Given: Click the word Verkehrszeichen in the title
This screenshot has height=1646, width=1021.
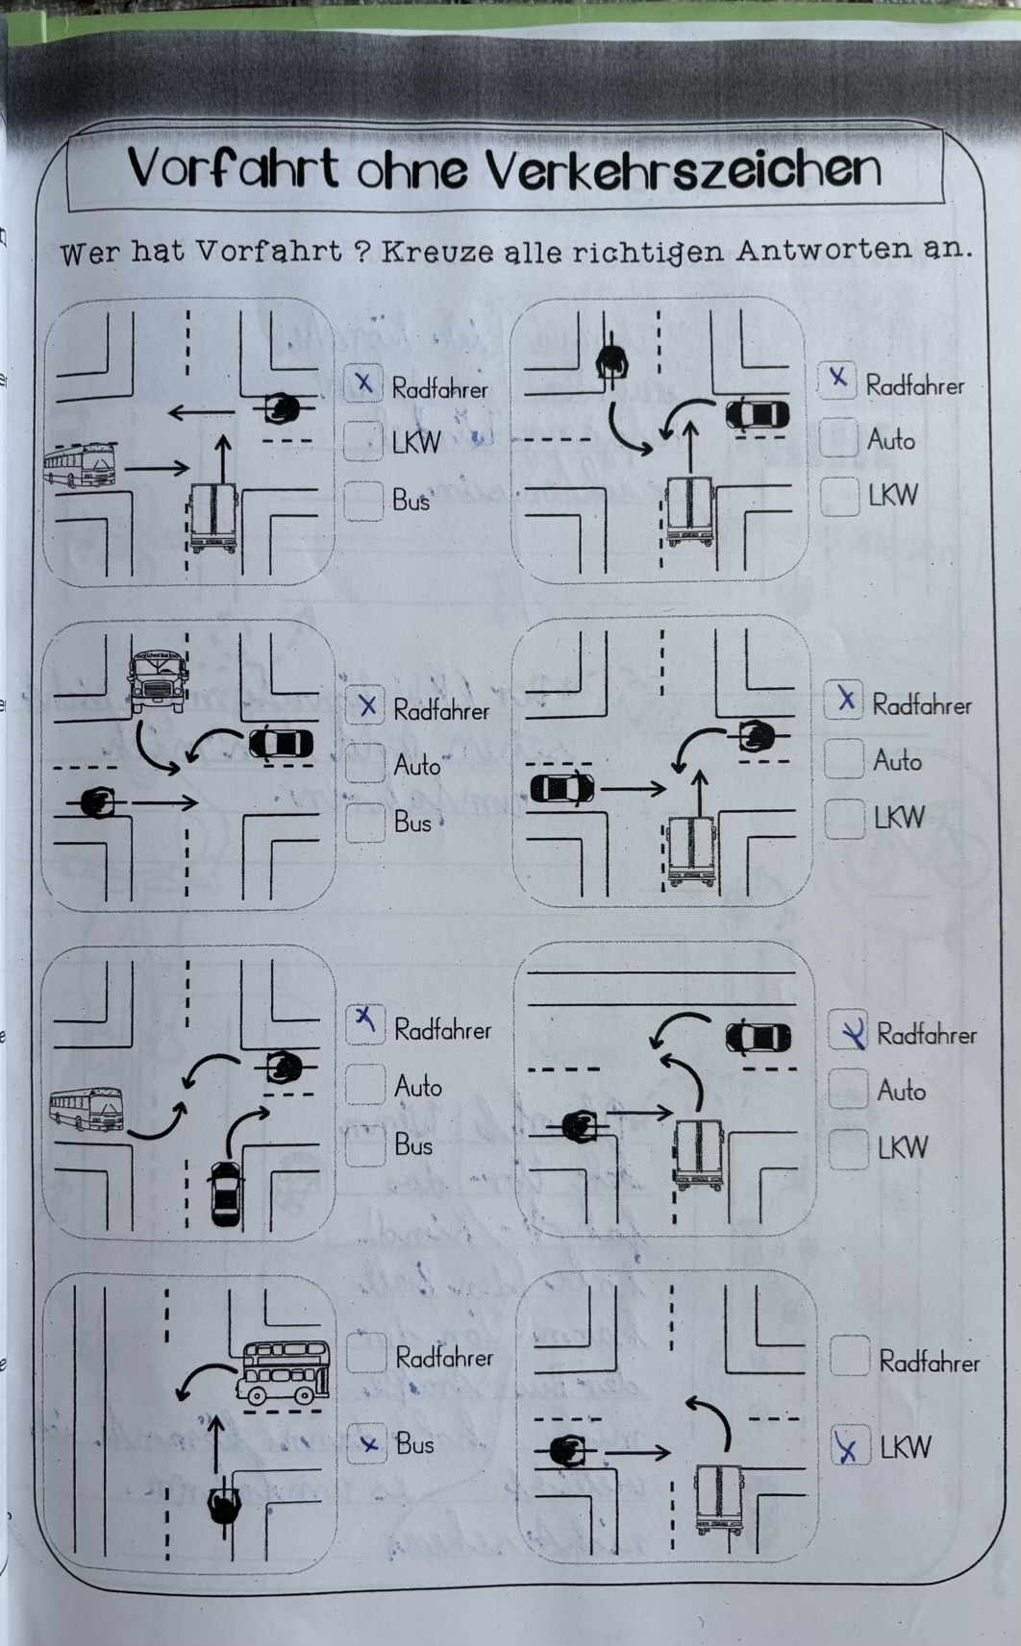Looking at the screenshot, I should pyautogui.click(x=683, y=169).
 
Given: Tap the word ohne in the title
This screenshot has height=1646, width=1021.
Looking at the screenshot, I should pyautogui.click(x=412, y=171).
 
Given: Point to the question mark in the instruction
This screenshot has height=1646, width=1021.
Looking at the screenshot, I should pyautogui.click(x=361, y=253).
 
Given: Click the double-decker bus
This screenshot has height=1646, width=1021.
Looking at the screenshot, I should pyautogui.click(x=284, y=1372).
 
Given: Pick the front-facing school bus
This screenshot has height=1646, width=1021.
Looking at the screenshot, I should pyautogui.click(x=157, y=679).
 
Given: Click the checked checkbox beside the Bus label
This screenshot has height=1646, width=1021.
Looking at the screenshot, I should pyautogui.click(x=366, y=1443).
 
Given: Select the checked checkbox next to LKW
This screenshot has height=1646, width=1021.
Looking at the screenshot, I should pyautogui.click(x=850, y=1446).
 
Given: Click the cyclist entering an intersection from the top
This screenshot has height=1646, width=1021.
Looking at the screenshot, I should pyautogui.click(x=611, y=362).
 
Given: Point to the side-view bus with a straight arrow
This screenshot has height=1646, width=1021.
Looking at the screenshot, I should pyautogui.click(x=80, y=466).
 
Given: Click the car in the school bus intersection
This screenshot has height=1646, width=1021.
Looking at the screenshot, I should pyautogui.click(x=281, y=744).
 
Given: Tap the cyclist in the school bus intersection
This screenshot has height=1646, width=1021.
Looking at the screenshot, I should pyautogui.click(x=97, y=801).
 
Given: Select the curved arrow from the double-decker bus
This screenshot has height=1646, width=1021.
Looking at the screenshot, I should pyautogui.click(x=204, y=1379).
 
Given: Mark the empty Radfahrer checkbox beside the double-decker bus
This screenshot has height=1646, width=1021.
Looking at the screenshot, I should pyautogui.click(x=366, y=1353).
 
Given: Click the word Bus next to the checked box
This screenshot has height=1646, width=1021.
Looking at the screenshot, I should pyautogui.click(x=415, y=1443).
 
